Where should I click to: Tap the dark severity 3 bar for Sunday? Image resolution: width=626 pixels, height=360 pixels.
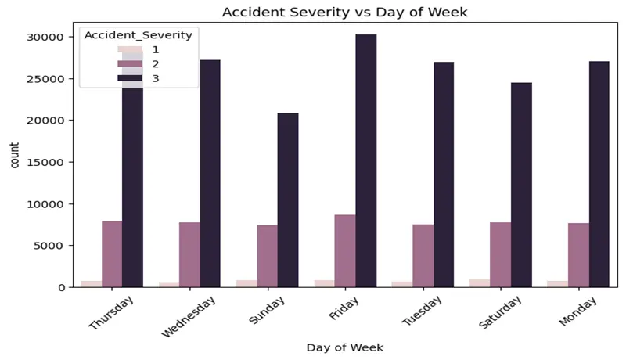point(287,200)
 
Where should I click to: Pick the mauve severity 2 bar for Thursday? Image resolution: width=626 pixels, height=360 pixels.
point(112,254)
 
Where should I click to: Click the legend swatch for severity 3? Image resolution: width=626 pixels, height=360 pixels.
point(129,79)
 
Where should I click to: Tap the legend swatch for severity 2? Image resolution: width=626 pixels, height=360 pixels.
point(129,64)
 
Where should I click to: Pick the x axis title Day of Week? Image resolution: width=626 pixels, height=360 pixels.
point(344,347)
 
